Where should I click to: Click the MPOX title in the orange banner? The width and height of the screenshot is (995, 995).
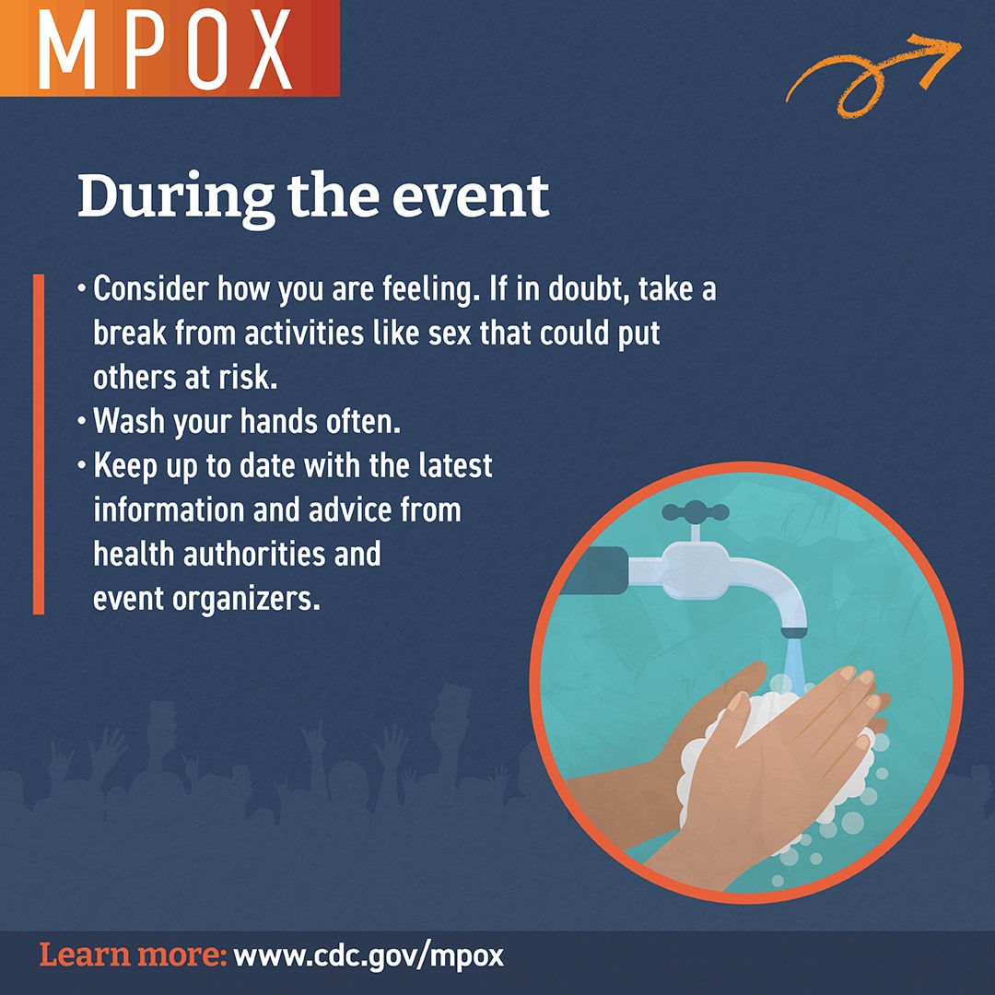[x=167, y=48]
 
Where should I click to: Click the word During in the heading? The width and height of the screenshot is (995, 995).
[x=175, y=196]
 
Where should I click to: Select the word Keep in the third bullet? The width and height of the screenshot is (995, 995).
[x=128, y=466]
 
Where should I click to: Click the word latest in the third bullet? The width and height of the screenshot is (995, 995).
[x=449, y=466]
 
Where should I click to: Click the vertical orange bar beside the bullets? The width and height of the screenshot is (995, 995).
[x=38, y=443]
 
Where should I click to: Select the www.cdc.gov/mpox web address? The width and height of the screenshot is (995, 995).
[x=369, y=955]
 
